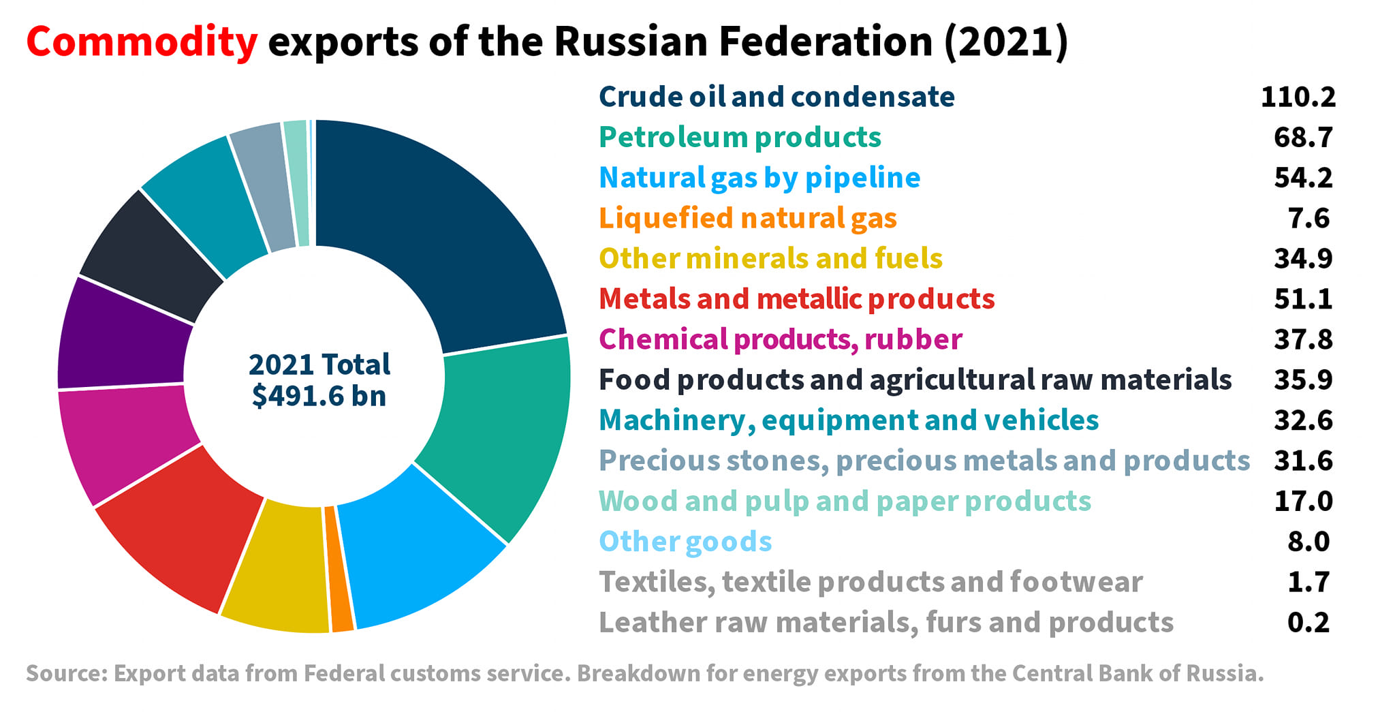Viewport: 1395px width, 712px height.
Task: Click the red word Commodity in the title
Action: (x=142, y=42)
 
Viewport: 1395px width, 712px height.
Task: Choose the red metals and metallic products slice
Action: (x=181, y=528)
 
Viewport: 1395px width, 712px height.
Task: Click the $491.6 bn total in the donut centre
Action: (x=319, y=396)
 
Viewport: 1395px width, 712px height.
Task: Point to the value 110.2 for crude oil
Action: (x=1298, y=97)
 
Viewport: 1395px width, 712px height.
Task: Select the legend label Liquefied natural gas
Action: (x=748, y=219)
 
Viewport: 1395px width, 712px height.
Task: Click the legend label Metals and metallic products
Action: (x=797, y=299)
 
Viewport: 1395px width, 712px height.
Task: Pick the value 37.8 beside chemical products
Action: (x=1303, y=339)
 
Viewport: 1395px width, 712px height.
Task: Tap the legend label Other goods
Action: (x=685, y=542)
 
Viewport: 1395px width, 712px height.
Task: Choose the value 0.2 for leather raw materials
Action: (x=1308, y=622)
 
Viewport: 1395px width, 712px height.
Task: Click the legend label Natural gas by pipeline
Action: (x=759, y=178)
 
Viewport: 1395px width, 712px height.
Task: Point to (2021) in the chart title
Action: (x=1005, y=42)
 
